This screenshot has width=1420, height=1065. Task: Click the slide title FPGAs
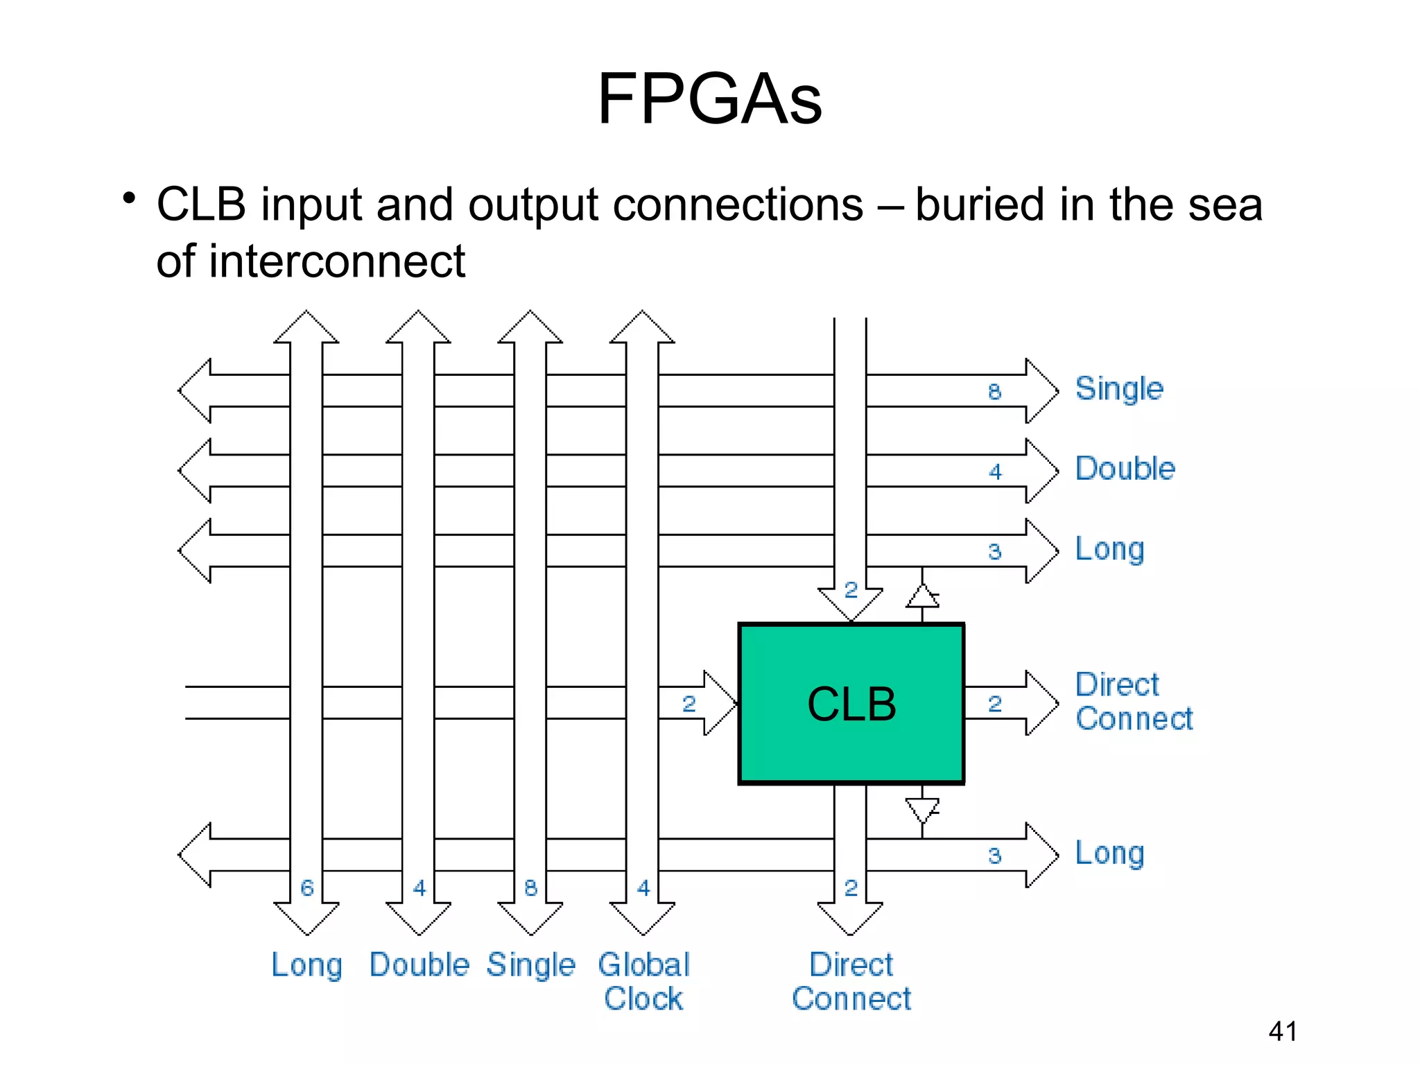709,99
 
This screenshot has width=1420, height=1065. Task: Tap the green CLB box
851,704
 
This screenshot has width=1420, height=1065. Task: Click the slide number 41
1282,1031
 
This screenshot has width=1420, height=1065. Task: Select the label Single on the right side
1118,389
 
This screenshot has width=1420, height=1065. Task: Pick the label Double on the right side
1125,469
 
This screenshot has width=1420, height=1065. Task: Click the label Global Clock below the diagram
643,981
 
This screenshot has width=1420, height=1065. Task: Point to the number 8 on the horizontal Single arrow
994,392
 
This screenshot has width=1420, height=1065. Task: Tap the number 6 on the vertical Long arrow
306,887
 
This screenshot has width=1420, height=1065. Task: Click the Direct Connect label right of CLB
1133,702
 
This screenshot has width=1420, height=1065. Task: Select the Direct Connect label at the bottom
851,981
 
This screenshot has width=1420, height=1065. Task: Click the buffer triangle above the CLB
922,596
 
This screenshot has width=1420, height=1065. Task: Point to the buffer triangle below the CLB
922,809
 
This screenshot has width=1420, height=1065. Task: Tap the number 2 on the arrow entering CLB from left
689,704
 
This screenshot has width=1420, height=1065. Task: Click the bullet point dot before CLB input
128,199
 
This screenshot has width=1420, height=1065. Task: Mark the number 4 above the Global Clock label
643,887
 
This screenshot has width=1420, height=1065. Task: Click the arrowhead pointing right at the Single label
1041,391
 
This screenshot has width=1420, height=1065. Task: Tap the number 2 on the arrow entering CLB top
851,590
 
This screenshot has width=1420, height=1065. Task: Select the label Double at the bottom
419,965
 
